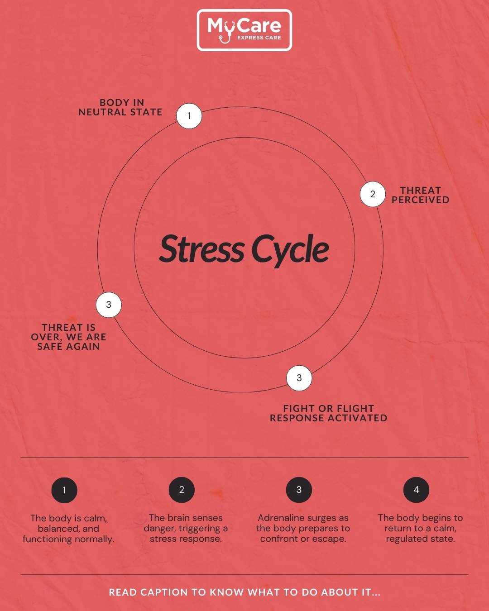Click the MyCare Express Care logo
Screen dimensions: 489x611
coord(244,30)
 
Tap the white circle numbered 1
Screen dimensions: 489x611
coord(189,116)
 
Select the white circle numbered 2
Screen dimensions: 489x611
coord(373,194)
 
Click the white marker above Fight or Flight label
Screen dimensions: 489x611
coord(299,378)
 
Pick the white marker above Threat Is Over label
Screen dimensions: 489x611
coord(109,305)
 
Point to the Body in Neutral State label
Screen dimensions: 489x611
coord(120,107)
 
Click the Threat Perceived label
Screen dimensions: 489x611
coord(421,195)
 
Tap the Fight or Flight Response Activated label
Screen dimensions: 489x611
coord(328,413)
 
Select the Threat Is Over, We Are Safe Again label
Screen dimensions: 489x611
coord(68,337)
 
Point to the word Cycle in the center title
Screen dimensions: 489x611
coord(290,250)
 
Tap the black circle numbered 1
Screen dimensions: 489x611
coord(64,490)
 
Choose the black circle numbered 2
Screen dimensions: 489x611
coord(182,490)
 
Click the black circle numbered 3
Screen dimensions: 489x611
coord(299,490)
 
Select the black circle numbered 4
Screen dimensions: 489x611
coord(416,490)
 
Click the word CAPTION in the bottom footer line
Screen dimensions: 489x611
coord(164,592)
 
